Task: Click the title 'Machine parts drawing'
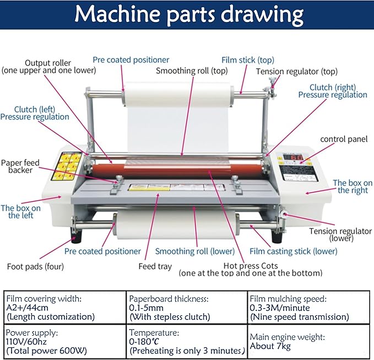pyautogui.click(x=188, y=15)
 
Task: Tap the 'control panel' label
pyautogui.click(x=344, y=139)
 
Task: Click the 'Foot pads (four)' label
pyautogui.click(x=35, y=266)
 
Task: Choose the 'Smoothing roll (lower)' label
pyautogui.click(x=194, y=251)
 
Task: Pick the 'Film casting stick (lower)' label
pyautogui.click(x=294, y=251)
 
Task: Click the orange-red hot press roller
pyautogui.click(x=182, y=168)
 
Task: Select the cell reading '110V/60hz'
pyautogui.click(x=30, y=342)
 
